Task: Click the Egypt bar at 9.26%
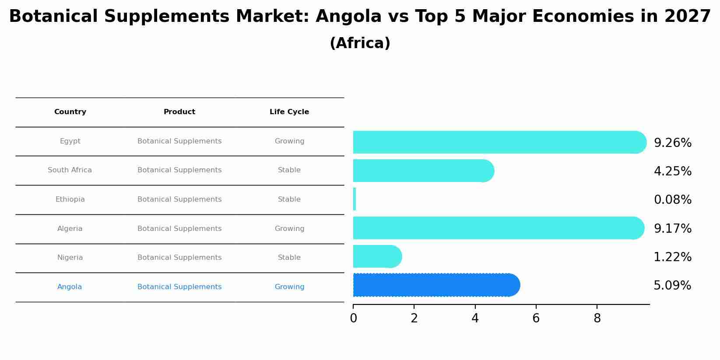(499, 142)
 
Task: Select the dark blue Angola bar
(436, 285)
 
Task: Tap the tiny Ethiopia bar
(355, 199)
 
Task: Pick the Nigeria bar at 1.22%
(377, 256)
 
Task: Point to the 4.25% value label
(672, 171)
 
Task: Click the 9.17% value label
(672, 229)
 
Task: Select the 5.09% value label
(672, 286)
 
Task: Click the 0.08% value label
(672, 200)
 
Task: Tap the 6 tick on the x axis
(536, 318)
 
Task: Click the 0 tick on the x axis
(353, 318)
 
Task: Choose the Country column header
(70, 112)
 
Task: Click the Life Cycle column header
(289, 112)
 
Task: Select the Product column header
(179, 112)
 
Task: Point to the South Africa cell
(70, 170)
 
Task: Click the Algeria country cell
(70, 229)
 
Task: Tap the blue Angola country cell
(70, 287)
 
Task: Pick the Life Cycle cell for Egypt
(289, 141)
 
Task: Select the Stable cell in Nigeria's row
(289, 258)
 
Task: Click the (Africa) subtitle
(360, 43)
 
